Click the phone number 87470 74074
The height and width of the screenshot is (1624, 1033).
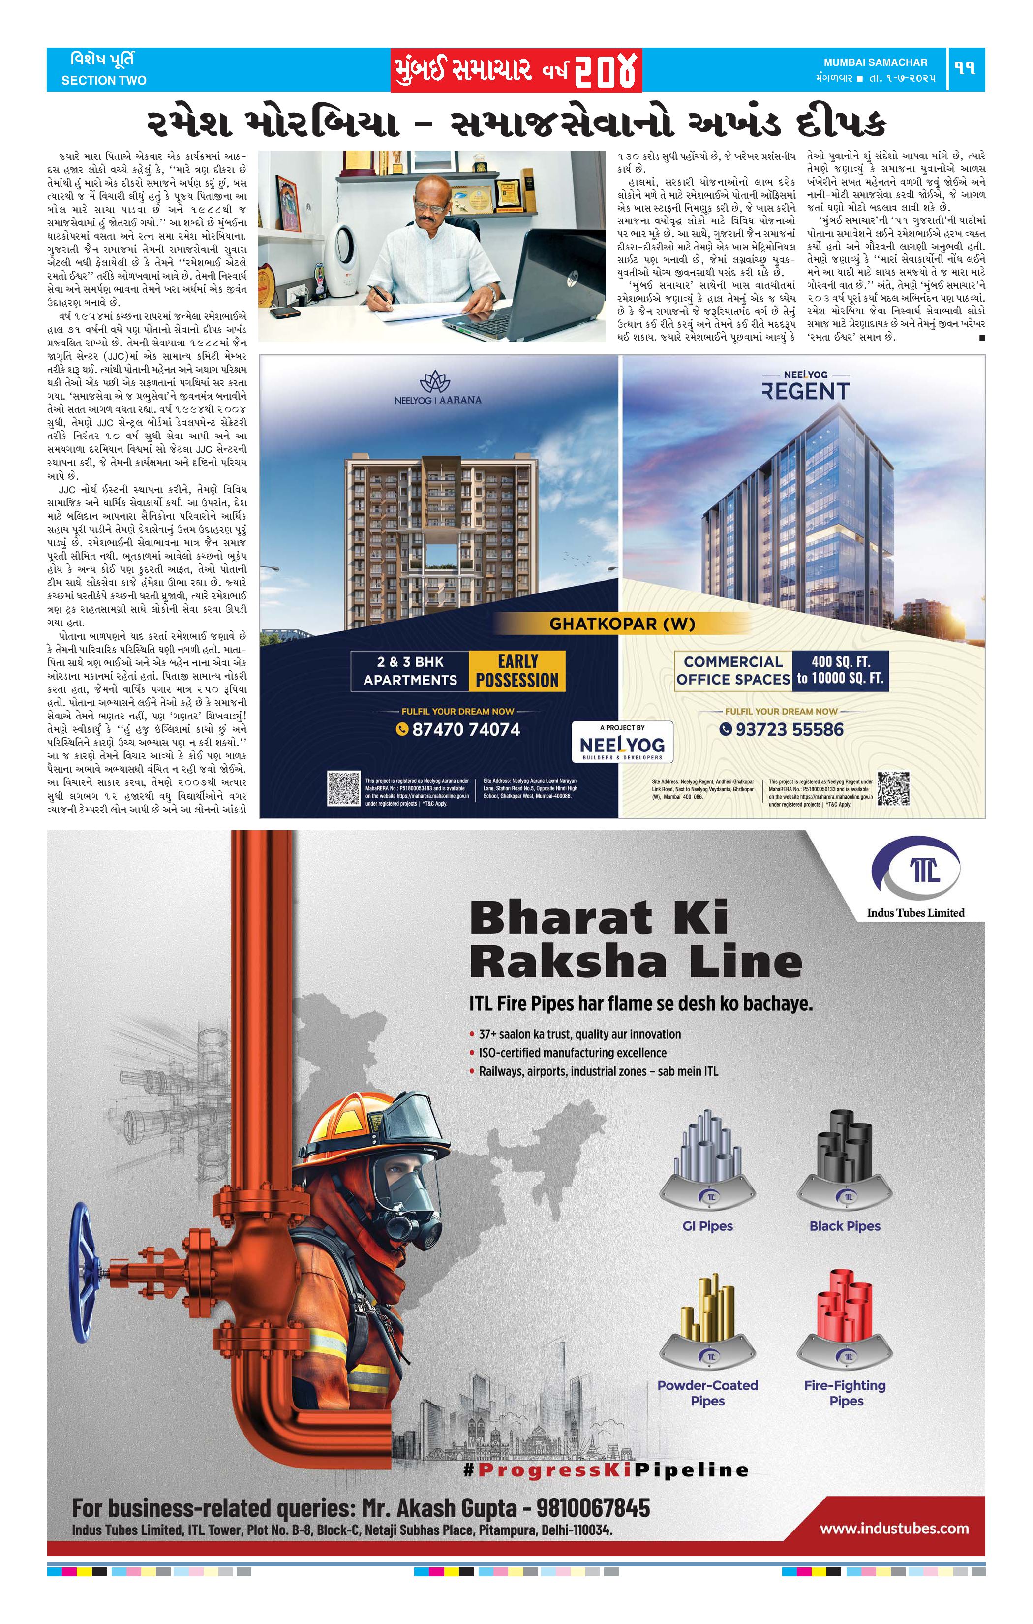(465, 729)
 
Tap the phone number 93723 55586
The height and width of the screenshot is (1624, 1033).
(789, 729)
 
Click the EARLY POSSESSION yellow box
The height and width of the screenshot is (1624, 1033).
(517, 670)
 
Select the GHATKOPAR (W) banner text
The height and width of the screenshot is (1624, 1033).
(622, 623)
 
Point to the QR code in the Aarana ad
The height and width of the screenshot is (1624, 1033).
(344, 788)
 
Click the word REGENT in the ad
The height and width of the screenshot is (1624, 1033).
(805, 391)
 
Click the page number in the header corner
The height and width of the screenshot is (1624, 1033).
(966, 68)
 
